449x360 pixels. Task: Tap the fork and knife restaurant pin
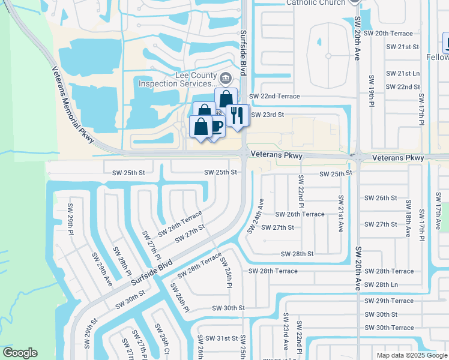point(238,114)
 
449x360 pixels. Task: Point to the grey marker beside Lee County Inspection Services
point(226,77)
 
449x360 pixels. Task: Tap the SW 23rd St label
point(267,114)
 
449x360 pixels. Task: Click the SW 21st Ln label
point(403,73)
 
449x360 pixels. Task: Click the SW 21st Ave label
point(340,214)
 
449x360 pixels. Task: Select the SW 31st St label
point(219,338)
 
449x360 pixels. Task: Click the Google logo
point(20,353)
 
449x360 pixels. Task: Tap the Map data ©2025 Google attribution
point(412,355)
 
